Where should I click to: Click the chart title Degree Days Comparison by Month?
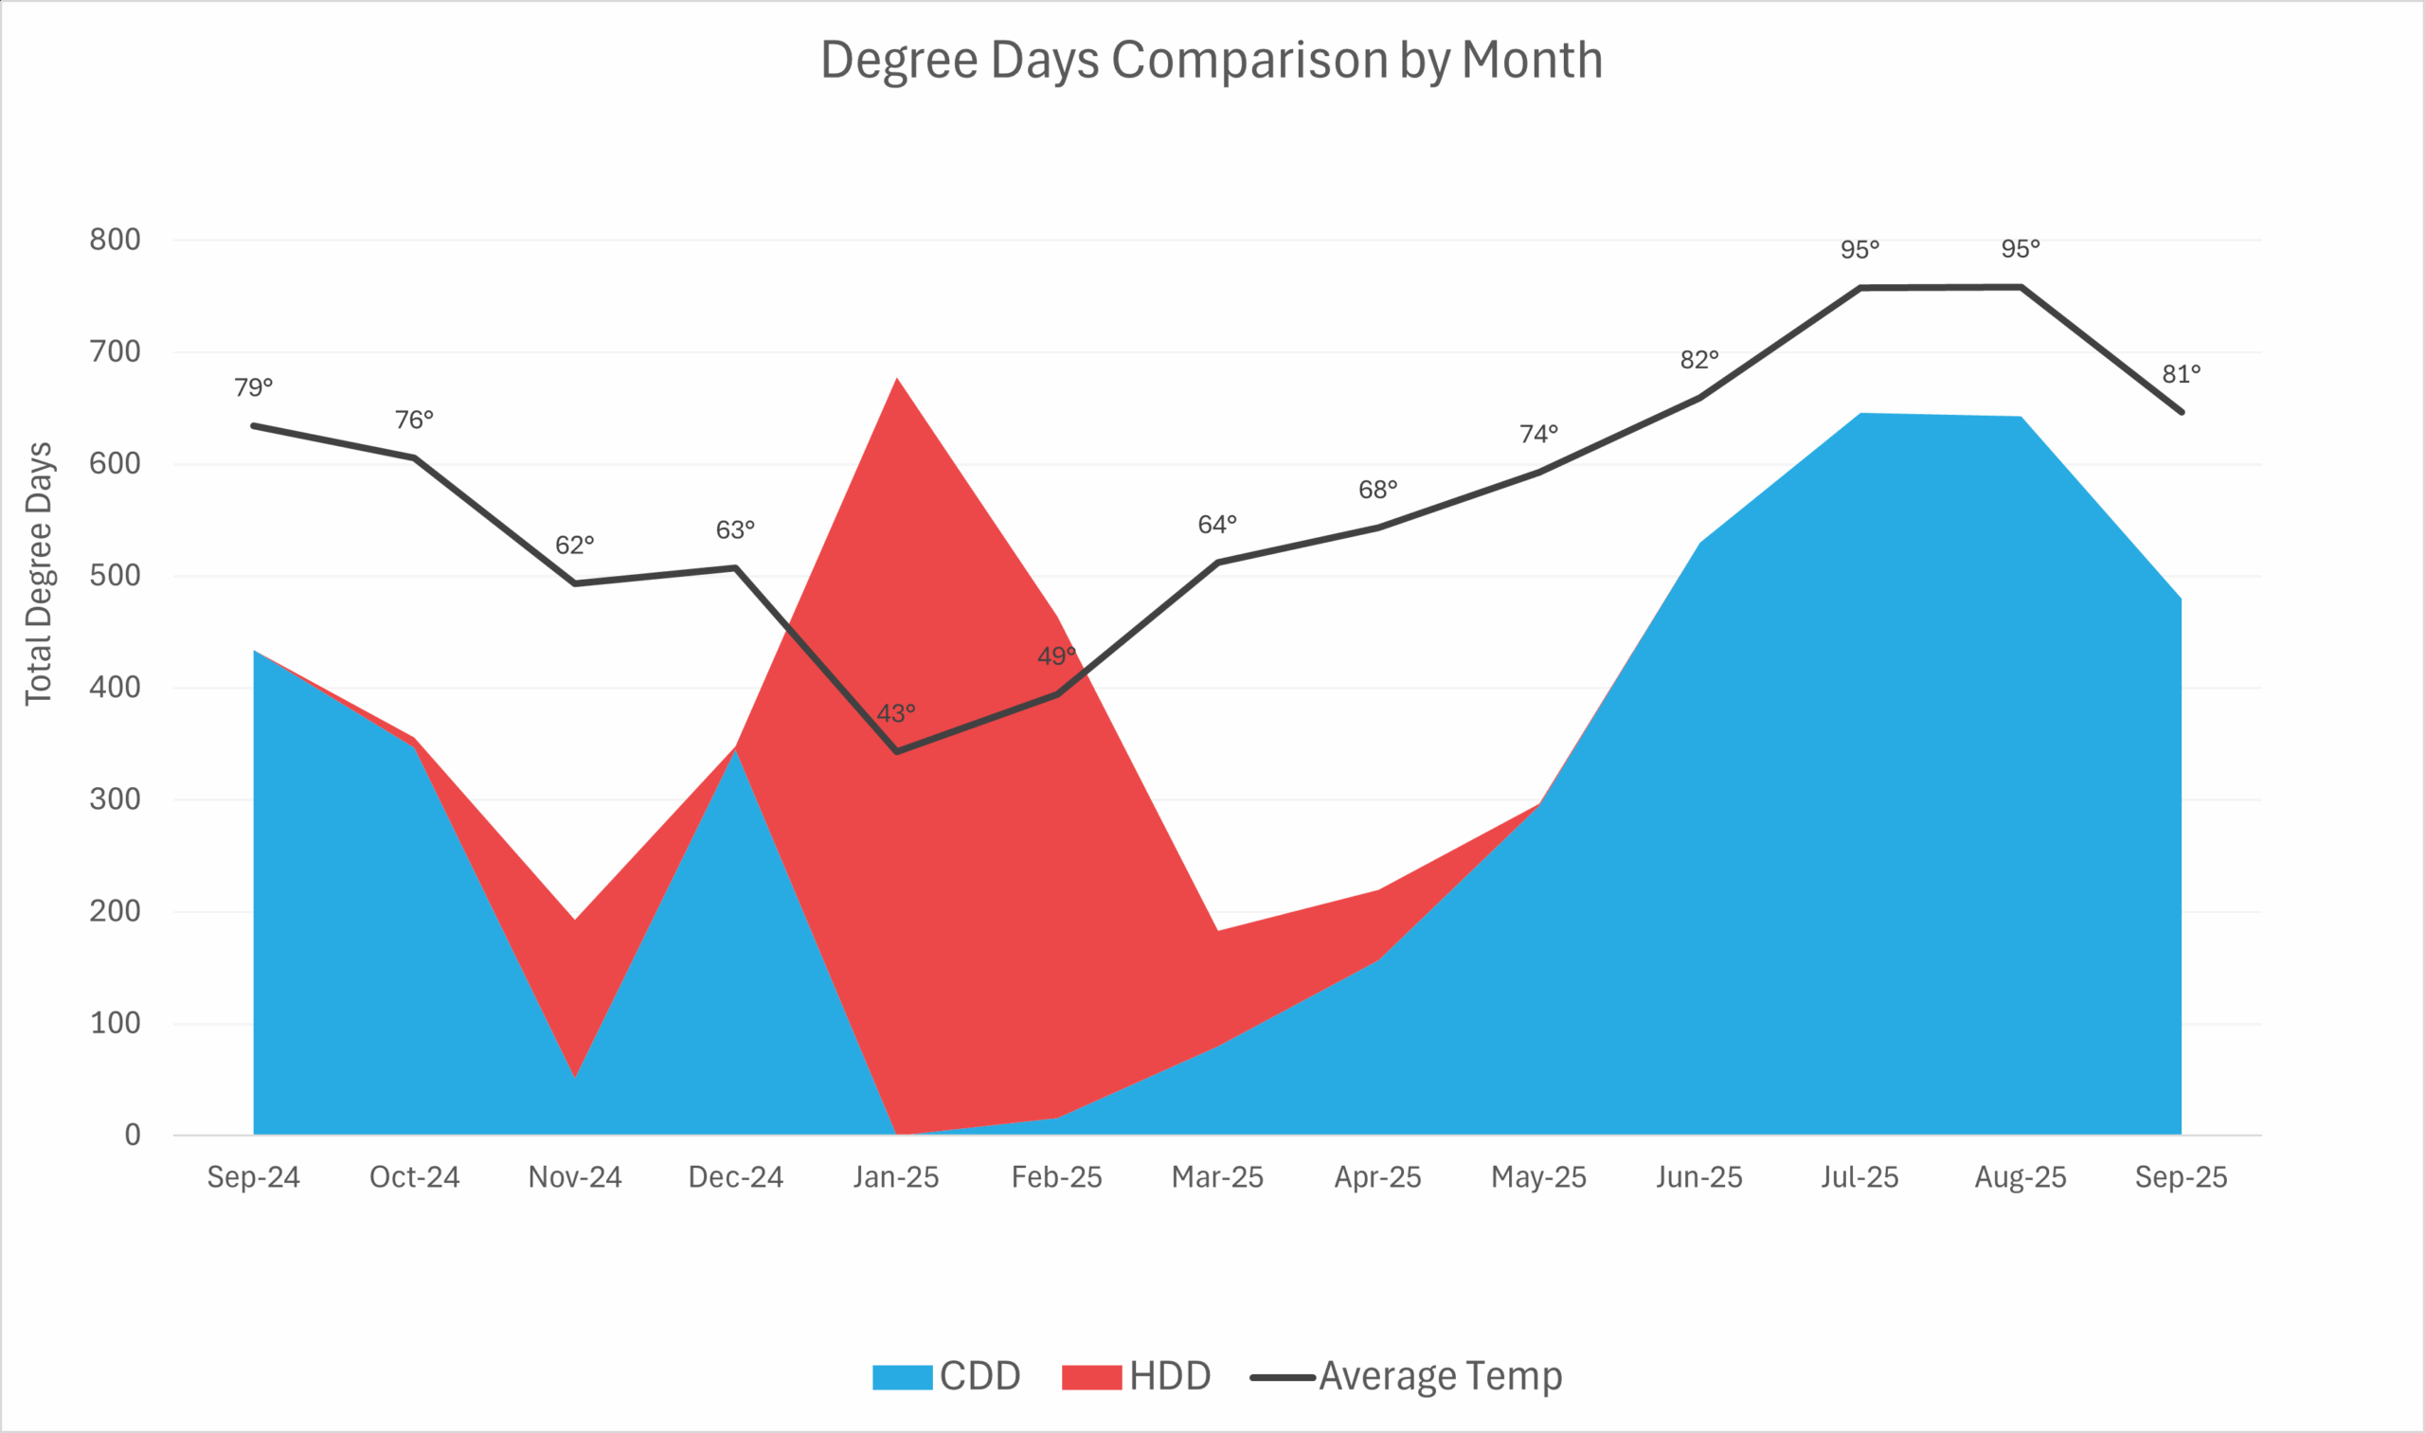click(x=1211, y=60)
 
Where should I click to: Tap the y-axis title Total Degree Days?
click(x=39, y=574)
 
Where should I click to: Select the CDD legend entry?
click(x=945, y=1376)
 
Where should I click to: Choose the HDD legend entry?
click(x=1136, y=1376)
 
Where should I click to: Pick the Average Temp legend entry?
click(x=1406, y=1376)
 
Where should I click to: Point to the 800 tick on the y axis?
click(x=115, y=240)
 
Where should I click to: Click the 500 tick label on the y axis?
click(x=115, y=576)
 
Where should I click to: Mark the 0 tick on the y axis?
click(x=133, y=1135)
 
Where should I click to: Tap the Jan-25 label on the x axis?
click(x=895, y=1177)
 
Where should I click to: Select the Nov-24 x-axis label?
click(x=575, y=1177)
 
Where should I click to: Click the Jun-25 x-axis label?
click(x=1698, y=1177)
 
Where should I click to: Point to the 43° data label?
click(x=895, y=713)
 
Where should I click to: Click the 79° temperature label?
click(x=253, y=387)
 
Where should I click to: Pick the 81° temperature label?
click(x=2181, y=374)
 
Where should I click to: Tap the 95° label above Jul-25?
click(x=1859, y=250)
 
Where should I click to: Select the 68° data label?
click(x=1377, y=490)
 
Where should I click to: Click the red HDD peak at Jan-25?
click(x=896, y=381)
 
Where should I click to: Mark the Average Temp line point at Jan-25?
click(x=896, y=751)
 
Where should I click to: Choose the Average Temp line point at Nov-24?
click(x=575, y=583)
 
